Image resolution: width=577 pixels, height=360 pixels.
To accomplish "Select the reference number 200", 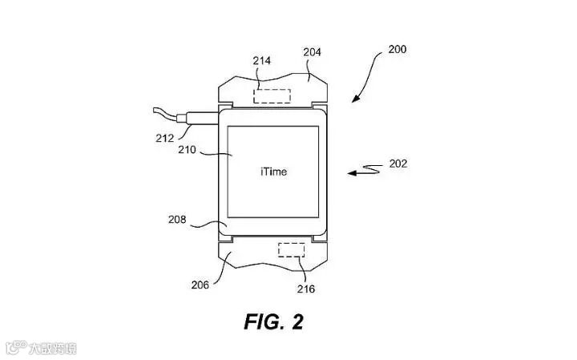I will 396,49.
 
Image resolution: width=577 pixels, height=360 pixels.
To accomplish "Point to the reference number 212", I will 164,138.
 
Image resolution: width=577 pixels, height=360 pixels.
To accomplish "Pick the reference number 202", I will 397,164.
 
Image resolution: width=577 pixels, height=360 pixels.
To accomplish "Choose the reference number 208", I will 179,217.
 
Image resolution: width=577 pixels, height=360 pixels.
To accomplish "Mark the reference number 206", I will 200,284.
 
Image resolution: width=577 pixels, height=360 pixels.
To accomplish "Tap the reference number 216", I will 306,289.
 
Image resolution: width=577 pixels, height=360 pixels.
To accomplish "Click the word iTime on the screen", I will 273,172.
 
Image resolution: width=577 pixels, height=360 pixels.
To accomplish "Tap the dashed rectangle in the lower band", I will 293,249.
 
